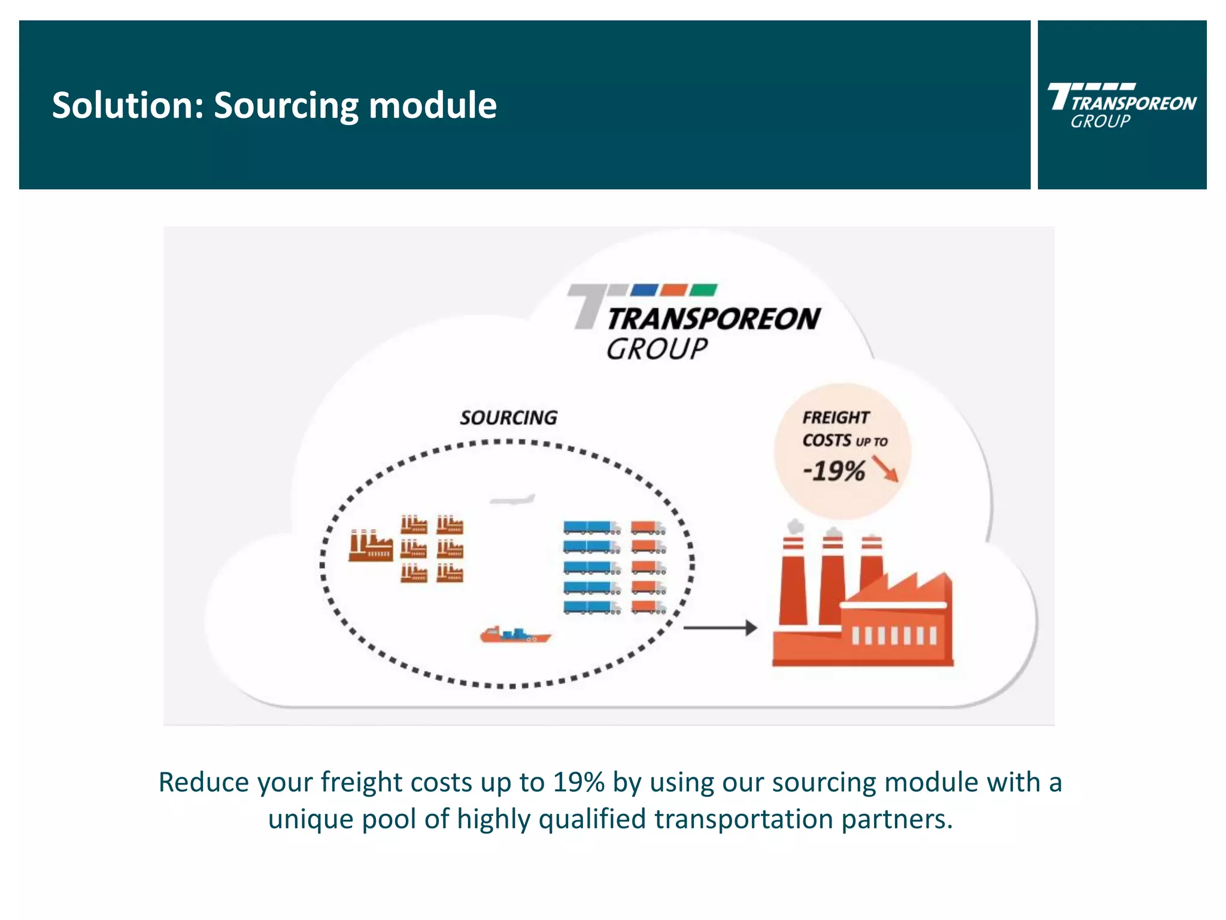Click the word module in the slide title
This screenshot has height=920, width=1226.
pyautogui.click(x=432, y=105)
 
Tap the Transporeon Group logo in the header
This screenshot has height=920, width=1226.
pyautogui.click(x=1121, y=105)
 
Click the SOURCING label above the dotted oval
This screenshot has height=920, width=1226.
pyautogui.click(x=508, y=417)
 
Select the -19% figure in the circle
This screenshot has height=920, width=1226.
pyautogui.click(x=834, y=471)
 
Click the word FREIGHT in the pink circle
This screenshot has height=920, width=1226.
pyautogui.click(x=836, y=417)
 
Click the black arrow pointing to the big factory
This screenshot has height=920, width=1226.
pyautogui.click(x=720, y=628)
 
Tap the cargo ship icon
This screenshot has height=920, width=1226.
pyautogui.click(x=515, y=635)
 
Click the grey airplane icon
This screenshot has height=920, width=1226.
pyautogui.click(x=512, y=500)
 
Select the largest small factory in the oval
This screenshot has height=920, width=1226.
pyautogui.click(x=371, y=545)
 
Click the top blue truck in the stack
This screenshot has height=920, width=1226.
pyautogui.click(x=591, y=528)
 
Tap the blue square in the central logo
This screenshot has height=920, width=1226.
pyautogui.click(x=645, y=290)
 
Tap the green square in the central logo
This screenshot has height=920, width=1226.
pyautogui.click(x=703, y=290)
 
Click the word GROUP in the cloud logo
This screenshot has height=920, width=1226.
pyautogui.click(x=657, y=349)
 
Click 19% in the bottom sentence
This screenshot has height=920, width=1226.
pyautogui.click(x=578, y=782)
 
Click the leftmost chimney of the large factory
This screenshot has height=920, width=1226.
pyautogui.click(x=793, y=581)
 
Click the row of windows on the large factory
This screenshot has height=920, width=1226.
pyautogui.click(x=894, y=635)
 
